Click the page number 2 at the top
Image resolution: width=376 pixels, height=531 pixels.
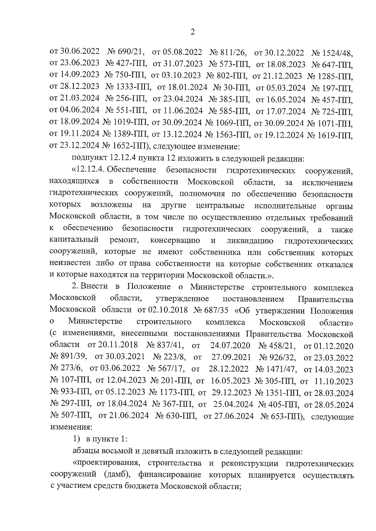[193, 32]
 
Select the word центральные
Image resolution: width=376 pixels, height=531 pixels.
[220, 206]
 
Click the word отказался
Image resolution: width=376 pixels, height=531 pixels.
[335, 264]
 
